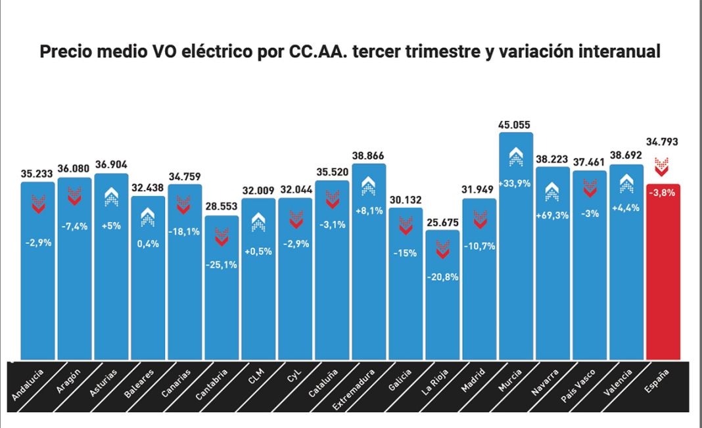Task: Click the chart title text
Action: [x=350, y=52]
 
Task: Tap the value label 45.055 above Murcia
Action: [x=515, y=125]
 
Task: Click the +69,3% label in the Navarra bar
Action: [x=552, y=215]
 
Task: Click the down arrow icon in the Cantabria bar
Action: [x=222, y=237]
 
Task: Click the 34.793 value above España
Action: [x=662, y=141]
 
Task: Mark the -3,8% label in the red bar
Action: [x=663, y=194]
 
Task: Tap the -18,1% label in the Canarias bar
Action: [x=185, y=231]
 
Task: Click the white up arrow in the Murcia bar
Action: [x=516, y=156]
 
